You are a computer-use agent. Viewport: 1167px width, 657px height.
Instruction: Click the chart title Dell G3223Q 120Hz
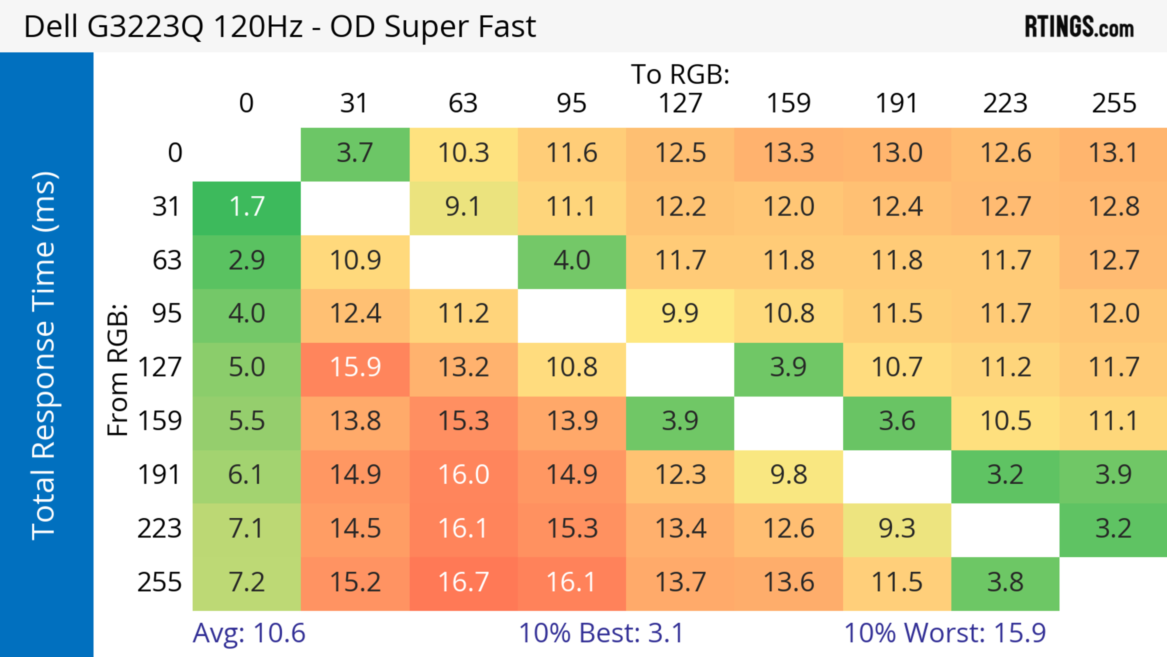coord(280,26)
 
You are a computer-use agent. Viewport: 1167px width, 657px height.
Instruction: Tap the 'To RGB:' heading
coord(680,74)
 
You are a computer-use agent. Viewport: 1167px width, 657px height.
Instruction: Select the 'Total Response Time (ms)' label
coord(44,356)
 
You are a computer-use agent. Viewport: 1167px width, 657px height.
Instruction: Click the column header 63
coord(463,103)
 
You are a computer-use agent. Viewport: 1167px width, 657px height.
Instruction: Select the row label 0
coord(175,154)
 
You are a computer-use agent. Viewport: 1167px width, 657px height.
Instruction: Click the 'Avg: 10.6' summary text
coord(249,633)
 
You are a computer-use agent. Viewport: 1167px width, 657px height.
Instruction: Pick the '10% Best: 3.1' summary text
coord(601,633)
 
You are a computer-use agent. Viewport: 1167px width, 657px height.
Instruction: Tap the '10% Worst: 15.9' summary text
coord(945,633)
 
